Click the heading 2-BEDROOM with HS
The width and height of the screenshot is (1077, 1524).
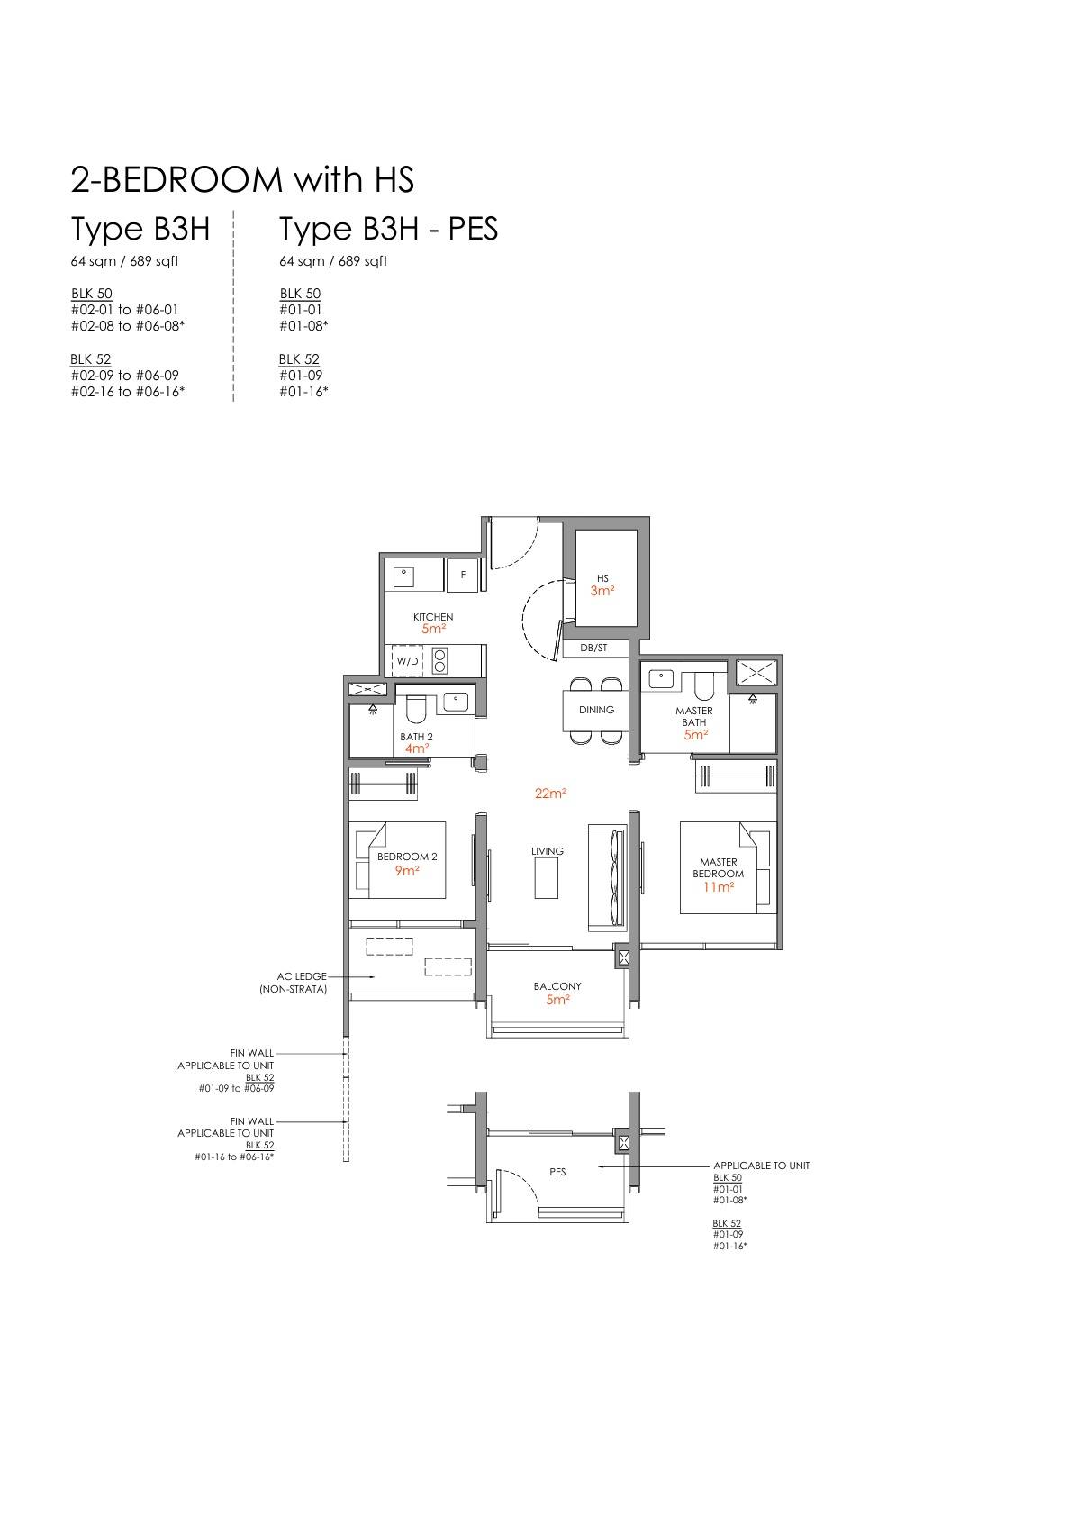242,179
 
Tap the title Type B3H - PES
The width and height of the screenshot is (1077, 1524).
388,230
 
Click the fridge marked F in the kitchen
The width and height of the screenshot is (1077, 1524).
463,575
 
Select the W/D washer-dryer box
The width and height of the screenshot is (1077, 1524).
408,660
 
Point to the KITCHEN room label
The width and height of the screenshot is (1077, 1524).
433,617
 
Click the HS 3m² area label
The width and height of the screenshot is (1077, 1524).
602,585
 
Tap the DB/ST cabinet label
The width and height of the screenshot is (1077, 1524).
593,649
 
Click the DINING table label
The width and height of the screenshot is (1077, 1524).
596,710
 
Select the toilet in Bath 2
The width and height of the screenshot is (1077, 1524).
415,709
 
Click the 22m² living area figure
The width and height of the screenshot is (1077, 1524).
550,794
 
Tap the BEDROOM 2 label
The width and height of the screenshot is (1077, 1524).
407,857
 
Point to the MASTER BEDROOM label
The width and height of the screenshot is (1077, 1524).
719,867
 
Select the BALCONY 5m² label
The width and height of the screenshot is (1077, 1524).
557,993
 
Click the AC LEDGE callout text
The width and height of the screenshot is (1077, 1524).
294,983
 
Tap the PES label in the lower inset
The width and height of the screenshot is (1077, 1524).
557,1172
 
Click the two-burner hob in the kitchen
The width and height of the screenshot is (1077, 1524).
440,660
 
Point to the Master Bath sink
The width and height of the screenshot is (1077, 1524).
661,679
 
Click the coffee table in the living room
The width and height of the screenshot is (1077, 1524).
547,878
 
